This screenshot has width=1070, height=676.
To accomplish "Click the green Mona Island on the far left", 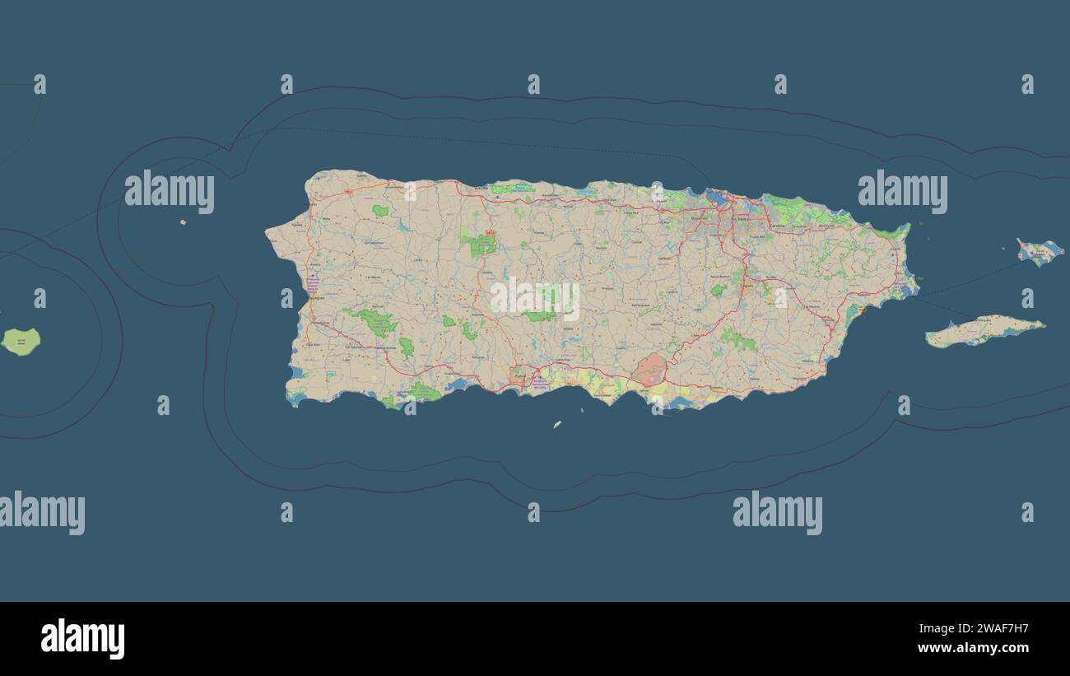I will pyautogui.click(x=21, y=341).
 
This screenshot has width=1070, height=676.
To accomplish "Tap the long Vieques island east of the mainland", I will pyautogui.click(x=984, y=331).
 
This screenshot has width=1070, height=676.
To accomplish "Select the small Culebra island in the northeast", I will pyautogui.click(x=1040, y=252).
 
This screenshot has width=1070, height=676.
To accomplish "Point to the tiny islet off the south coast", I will pyautogui.click(x=557, y=425).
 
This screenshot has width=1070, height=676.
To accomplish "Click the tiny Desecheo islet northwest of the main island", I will pyautogui.click(x=183, y=221).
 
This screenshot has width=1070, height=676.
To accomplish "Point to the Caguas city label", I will pyautogui.click(x=747, y=287).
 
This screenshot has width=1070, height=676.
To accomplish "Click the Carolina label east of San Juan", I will pyautogui.click(x=777, y=225).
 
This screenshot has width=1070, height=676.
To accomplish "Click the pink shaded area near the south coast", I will pyautogui.click(x=649, y=370).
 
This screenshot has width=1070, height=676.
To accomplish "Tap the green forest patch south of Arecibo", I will pyautogui.click(x=478, y=245).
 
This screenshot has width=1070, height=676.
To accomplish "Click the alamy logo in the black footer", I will pyautogui.click(x=83, y=639).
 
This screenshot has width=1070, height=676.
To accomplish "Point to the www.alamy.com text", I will pyautogui.click(x=973, y=649).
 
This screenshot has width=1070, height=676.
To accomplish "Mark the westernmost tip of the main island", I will pyautogui.click(x=267, y=232).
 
